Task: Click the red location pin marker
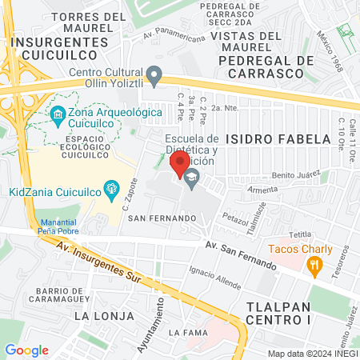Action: click(177, 165)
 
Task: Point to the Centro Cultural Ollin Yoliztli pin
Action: click(156, 78)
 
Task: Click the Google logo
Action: click(26, 350)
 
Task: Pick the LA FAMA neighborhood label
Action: click(187, 332)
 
